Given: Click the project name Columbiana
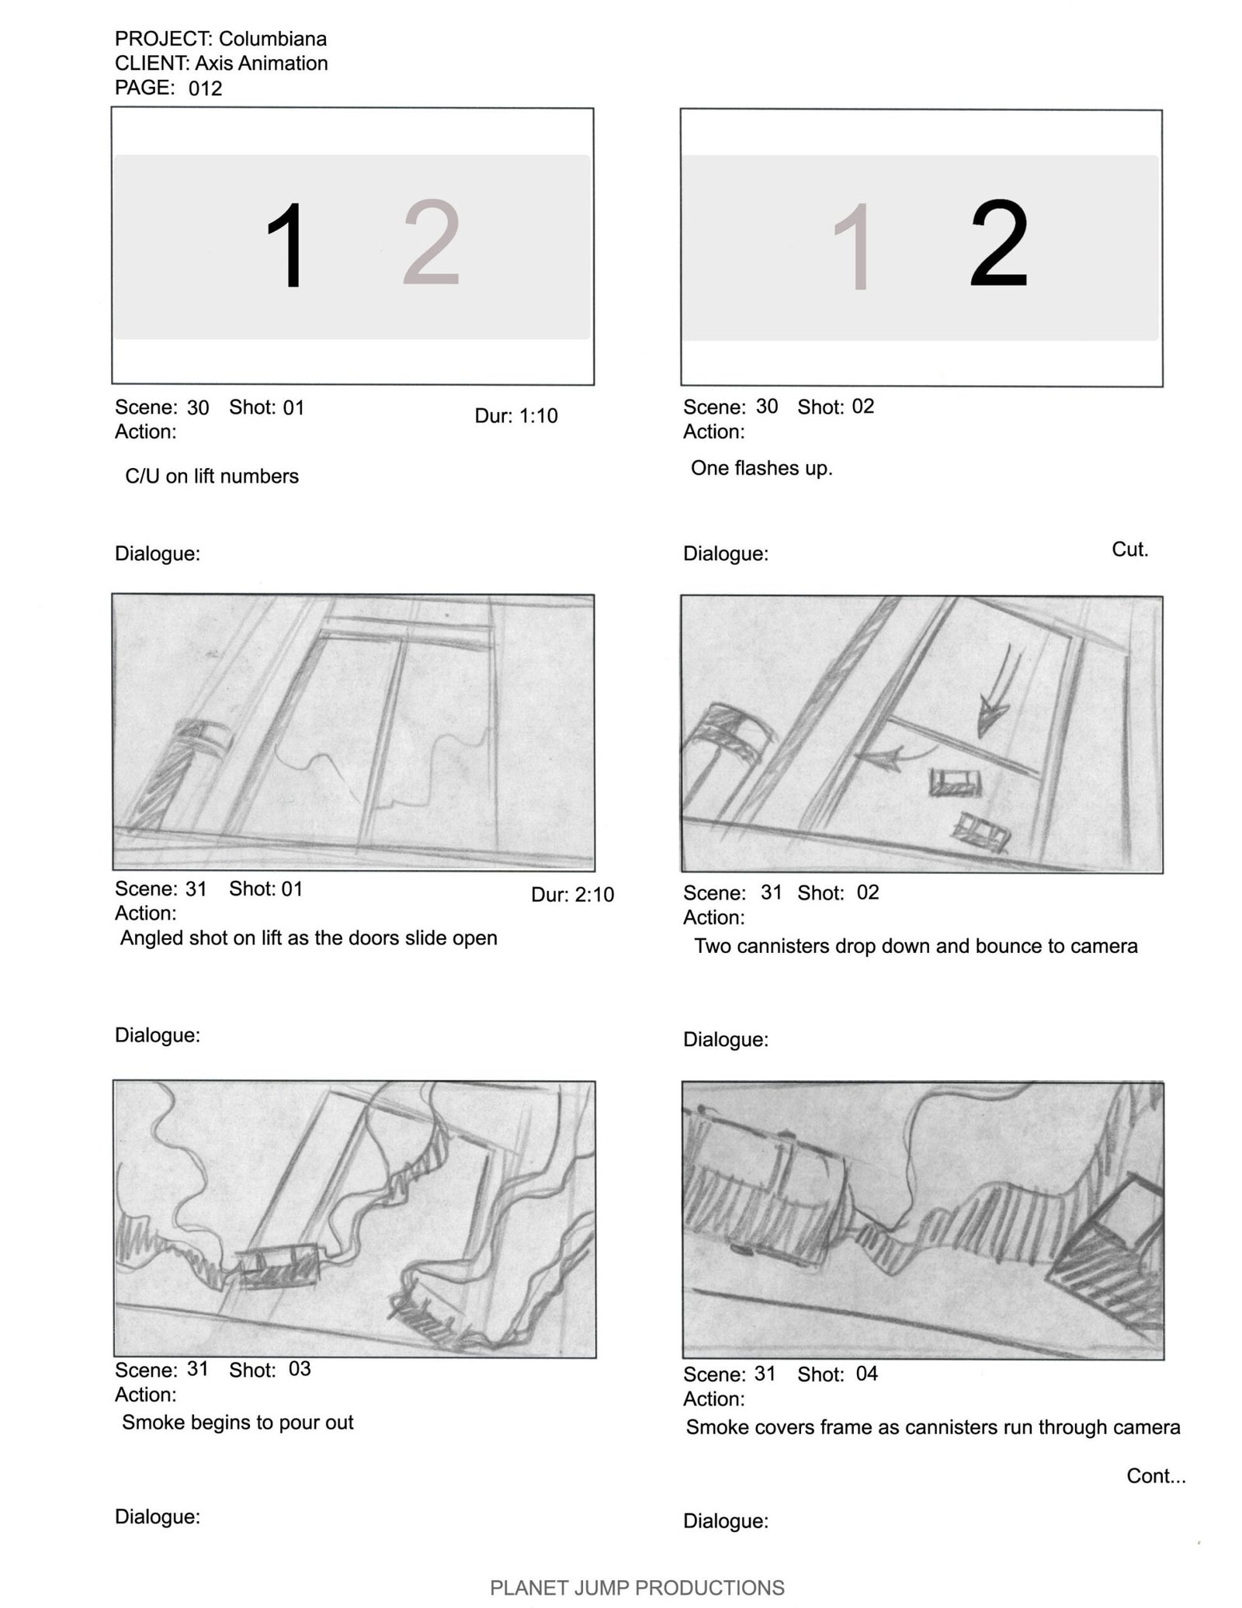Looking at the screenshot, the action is click(272, 39).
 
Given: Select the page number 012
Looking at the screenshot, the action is click(206, 88).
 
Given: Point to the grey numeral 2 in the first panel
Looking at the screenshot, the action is click(432, 243).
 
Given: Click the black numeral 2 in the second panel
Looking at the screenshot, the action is click(999, 244).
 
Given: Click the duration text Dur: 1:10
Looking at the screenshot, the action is click(516, 416).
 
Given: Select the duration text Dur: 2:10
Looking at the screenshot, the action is click(573, 895).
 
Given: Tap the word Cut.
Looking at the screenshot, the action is click(1129, 549).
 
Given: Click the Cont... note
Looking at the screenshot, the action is click(1156, 1476).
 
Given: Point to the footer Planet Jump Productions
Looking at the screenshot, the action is click(637, 1588).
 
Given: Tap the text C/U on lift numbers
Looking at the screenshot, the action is click(212, 477).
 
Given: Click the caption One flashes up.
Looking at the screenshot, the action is click(762, 469).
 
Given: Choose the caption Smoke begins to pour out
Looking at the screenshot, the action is click(238, 1423).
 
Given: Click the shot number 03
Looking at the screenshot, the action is click(300, 1368).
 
